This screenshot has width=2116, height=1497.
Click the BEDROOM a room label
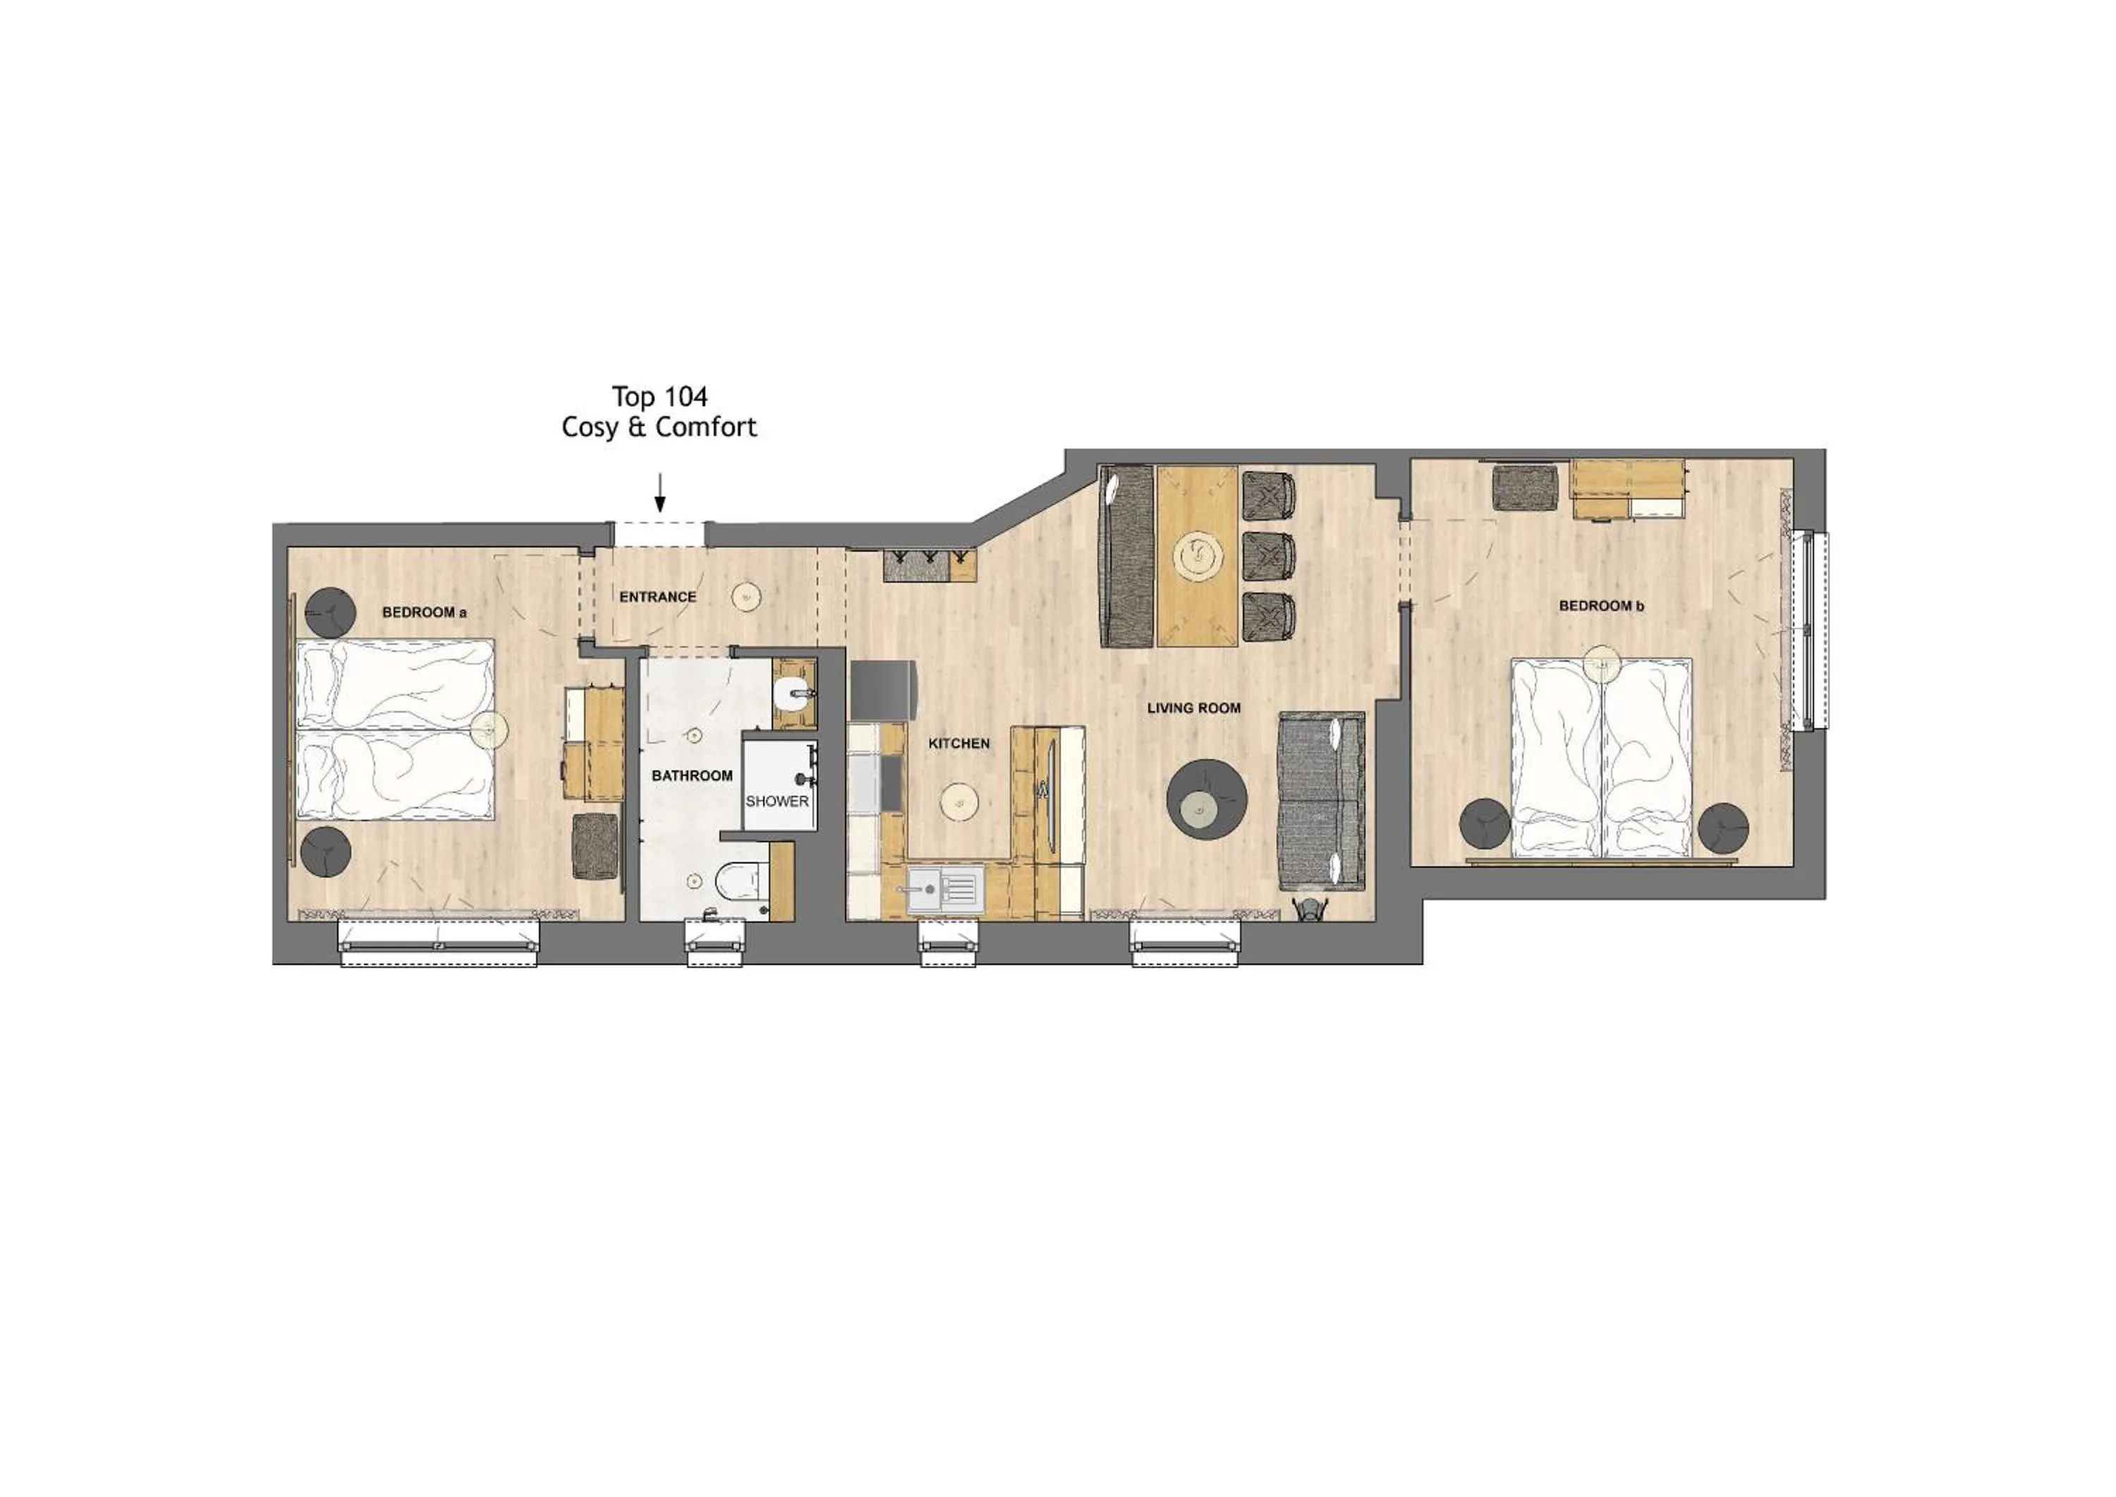pos(424,612)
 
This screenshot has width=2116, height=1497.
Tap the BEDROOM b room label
pos(1601,605)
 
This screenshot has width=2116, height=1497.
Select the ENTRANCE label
pos(657,598)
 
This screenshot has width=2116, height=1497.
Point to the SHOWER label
pos(777,801)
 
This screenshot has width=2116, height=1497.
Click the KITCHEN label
pos(959,743)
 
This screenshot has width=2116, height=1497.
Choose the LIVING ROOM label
pos(1193,708)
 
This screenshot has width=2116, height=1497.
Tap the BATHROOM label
pos(691,776)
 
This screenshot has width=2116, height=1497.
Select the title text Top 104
pos(660,396)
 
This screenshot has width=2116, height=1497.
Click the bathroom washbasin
pos(793,692)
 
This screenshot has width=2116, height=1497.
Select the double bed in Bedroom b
pos(1601,756)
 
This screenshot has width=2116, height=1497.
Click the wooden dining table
pos(1196,555)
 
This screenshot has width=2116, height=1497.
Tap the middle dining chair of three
pos(1269,556)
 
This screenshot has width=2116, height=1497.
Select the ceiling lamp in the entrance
pos(746,598)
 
